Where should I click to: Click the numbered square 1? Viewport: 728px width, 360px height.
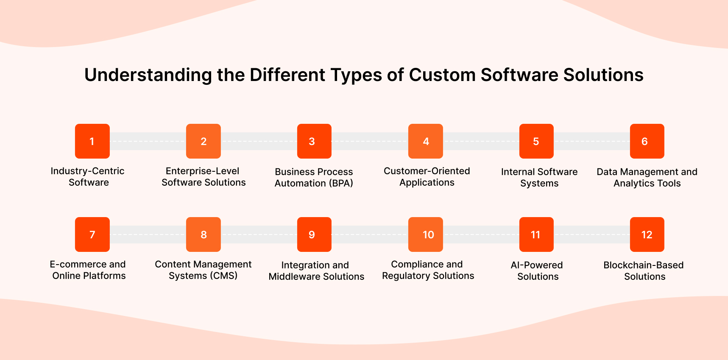click(x=92, y=141)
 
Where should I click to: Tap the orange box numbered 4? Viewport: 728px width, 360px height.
click(x=425, y=141)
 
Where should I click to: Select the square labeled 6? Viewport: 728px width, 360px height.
click(x=647, y=141)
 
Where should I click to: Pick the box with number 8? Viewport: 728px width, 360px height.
click(x=203, y=234)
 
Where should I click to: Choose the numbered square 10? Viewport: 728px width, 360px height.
click(x=425, y=234)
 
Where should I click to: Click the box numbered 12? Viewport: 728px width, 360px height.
click(x=647, y=234)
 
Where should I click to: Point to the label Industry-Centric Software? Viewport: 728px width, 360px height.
click(x=88, y=177)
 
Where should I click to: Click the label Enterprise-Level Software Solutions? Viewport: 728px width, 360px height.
click(x=203, y=177)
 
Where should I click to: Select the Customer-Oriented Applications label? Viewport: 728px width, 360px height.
click(x=427, y=177)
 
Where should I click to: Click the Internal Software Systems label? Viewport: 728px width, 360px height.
click(x=539, y=178)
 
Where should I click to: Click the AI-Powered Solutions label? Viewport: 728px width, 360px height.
click(x=537, y=271)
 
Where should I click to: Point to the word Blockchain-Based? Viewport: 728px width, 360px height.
click(x=643, y=265)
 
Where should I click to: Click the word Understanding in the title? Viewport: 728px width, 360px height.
click(x=148, y=75)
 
